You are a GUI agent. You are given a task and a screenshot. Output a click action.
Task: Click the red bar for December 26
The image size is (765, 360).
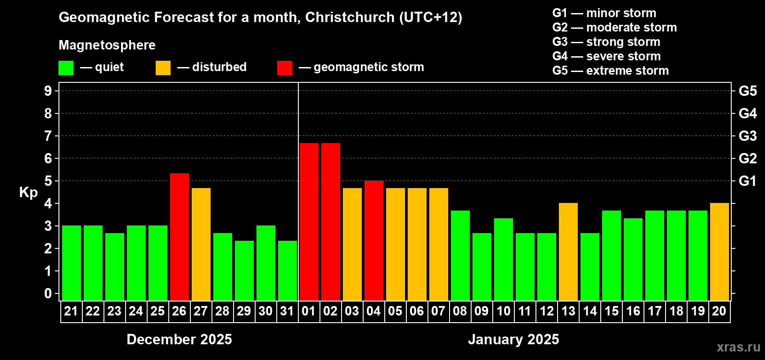(180, 237)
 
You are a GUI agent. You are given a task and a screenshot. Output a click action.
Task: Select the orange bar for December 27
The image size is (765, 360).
(201, 244)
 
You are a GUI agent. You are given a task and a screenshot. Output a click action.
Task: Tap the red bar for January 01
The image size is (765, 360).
(309, 222)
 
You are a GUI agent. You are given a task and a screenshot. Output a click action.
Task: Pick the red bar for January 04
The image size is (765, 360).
(374, 240)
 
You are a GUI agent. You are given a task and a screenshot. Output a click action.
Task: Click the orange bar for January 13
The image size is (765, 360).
(568, 252)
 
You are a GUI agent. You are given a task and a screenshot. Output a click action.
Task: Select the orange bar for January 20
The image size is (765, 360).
(720, 252)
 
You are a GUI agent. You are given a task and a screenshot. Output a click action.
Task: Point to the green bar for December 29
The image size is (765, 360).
(244, 270)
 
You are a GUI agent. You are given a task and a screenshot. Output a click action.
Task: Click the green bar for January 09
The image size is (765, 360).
(482, 267)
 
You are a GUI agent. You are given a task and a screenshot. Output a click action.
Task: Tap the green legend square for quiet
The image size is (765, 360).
(66, 68)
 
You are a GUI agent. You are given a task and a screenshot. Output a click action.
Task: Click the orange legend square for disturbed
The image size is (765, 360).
(163, 68)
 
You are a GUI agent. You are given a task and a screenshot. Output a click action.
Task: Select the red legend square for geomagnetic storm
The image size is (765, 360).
(284, 68)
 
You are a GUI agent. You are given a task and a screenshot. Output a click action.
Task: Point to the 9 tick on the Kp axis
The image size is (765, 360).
(48, 91)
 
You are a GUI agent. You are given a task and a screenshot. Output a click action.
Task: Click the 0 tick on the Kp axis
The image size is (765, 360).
(48, 294)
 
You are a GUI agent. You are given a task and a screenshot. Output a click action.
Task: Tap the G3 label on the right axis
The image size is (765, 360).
(747, 136)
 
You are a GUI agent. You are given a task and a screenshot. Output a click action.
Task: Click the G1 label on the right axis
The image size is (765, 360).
(747, 181)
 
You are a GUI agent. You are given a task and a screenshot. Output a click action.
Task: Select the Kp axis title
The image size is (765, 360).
(28, 192)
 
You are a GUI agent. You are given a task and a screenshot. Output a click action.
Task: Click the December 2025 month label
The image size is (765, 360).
(179, 339)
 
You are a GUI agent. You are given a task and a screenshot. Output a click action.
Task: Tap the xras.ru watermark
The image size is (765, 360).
(738, 347)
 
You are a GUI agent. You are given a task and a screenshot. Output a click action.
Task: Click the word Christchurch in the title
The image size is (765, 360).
(350, 17)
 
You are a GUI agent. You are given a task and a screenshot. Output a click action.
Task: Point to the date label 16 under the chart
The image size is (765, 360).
(633, 311)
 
